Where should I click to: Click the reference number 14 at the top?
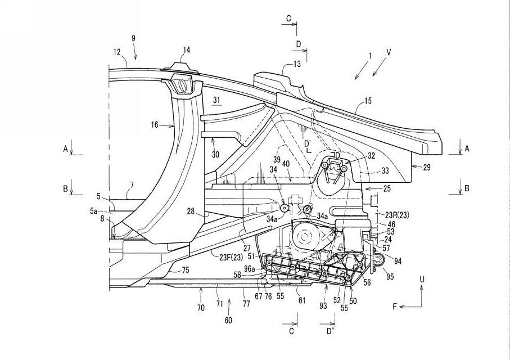[x=186, y=50]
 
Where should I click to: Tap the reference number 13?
[x=296, y=64]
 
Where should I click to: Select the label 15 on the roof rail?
[x=368, y=101]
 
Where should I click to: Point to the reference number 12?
[x=116, y=52]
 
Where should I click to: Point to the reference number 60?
[x=228, y=320]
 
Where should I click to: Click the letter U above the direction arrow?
[x=423, y=278]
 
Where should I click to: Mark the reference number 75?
[x=186, y=270]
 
